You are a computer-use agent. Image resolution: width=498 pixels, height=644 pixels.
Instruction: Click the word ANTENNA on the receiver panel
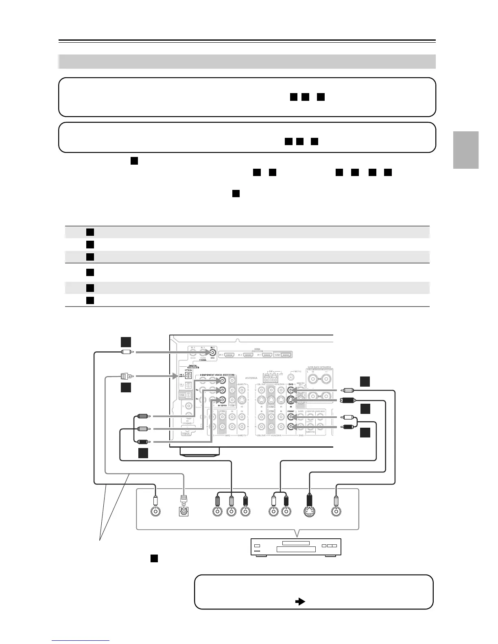click(251, 378)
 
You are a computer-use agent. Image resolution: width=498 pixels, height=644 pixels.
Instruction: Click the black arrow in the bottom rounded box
click(300, 601)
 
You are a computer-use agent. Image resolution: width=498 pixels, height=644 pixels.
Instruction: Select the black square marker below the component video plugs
click(142, 453)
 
